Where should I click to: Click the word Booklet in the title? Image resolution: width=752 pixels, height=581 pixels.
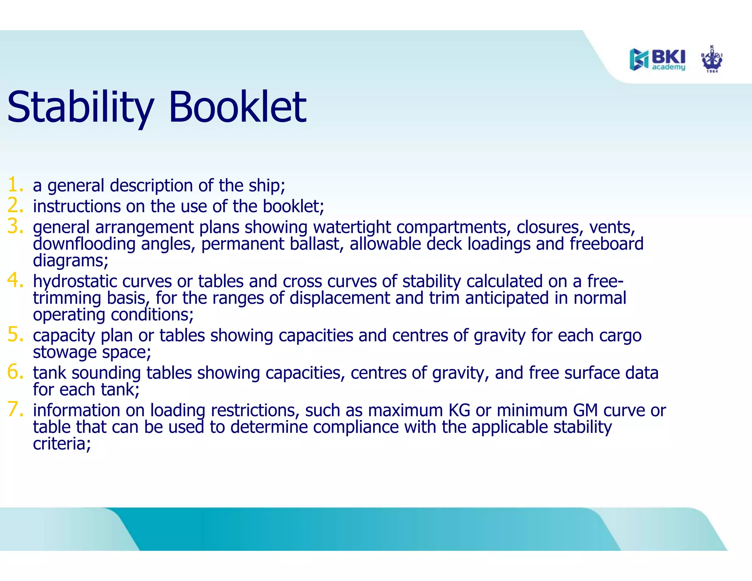pyautogui.click(x=237, y=107)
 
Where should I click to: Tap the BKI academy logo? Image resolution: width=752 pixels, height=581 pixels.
pyautogui.click(x=657, y=59)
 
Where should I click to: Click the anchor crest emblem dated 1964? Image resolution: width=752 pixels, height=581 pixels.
pyautogui.click(x=712, y=59)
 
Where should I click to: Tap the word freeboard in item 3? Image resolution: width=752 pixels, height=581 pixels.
pyautogui.click(x=606, y=244)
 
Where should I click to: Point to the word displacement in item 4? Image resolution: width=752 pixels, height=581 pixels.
pyautogui.click(x=339, y=298)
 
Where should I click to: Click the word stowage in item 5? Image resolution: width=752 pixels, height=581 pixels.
pyautogui.click(x=65, y=353)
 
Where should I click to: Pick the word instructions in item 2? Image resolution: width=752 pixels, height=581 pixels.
pyautogui.click(x=76, y=206)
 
